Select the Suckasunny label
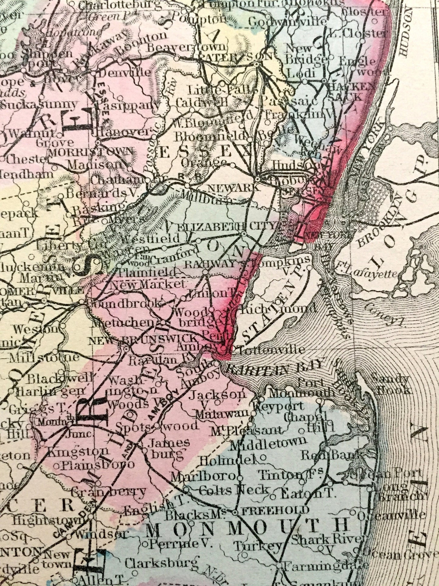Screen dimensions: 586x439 39,104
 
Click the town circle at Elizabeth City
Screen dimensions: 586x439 244,234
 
